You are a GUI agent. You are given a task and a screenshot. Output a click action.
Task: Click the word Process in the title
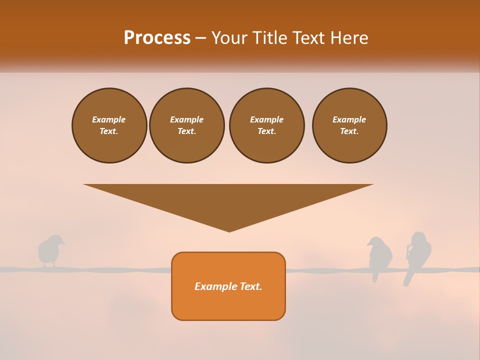tap(157, 38)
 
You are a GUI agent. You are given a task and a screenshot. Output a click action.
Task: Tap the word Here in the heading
tap(349, 38)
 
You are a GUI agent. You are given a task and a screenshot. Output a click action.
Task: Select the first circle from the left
tap(109, 125)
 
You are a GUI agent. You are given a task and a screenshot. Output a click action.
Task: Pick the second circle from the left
tap(187, 125)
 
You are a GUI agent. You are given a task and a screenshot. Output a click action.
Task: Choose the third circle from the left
tap(267, 125)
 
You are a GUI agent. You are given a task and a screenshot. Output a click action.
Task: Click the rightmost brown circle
tap(349, 125)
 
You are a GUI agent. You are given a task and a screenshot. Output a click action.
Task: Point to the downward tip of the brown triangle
tap(229, 230)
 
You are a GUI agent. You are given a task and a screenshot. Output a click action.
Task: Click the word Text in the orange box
tap(251, 286)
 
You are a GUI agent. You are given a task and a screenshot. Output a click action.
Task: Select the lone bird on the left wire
tap(49, 251)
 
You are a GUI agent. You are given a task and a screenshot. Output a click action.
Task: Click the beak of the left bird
tap(63, 243)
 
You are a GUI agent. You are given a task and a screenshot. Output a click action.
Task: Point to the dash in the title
tap(200, 38)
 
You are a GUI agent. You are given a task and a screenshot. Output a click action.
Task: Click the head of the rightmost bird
tap(418, 237)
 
